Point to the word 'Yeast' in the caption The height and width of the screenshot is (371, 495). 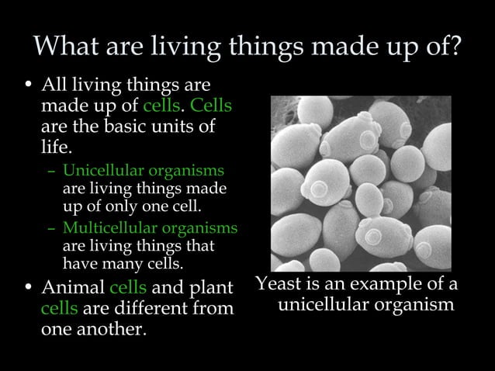[x=280, y=283]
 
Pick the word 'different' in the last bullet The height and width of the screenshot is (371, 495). [x=151, y=308]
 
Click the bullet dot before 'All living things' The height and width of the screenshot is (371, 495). [x=29, y=85]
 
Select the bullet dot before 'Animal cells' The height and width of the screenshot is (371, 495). [x=29, y=289]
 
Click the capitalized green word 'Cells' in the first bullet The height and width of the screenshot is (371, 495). [x=211, y=105]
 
